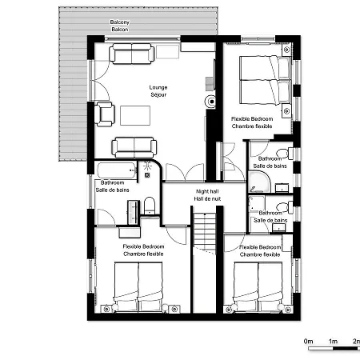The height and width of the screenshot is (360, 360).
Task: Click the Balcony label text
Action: [120, 22]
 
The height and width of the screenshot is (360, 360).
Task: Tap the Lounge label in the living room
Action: [158, 87]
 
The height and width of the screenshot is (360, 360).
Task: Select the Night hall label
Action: [207, 191]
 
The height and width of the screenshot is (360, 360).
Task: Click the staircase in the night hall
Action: [205, 231]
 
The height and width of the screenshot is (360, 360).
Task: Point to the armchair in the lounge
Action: [105, 114]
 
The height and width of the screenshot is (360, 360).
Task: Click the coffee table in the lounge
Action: [135, 115]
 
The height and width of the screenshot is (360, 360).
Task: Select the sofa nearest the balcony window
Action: [131, 54]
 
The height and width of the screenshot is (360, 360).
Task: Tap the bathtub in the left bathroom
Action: [117, 170]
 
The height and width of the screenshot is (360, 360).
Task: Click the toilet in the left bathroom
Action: [150, 206]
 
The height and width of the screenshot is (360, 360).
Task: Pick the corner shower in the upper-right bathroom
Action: [258, 182]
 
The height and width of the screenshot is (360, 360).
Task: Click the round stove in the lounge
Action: [210, 102]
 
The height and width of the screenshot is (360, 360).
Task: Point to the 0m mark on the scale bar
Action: [308, 342]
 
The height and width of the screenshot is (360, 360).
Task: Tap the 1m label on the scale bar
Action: [333, 342]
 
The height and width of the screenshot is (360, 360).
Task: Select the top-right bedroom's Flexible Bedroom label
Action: [252, 119]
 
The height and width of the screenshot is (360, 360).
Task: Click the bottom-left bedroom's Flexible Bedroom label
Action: [143, 246]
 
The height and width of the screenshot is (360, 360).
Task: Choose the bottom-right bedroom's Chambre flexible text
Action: [260, 254]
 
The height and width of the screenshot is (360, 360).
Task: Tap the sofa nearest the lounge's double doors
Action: [134, 147]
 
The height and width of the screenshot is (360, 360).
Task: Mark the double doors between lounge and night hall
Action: [185, 173]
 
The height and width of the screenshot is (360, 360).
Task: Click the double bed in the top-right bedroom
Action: [266, 79]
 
